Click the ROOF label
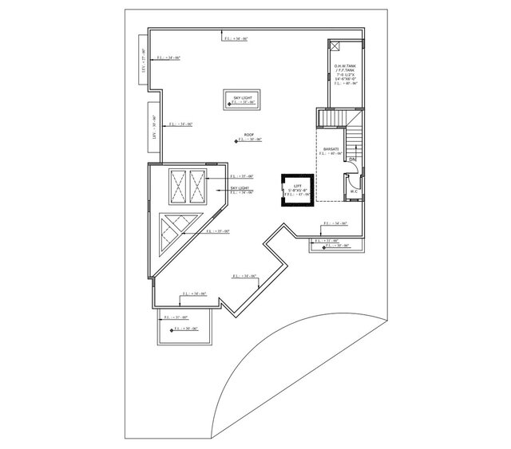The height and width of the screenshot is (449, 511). click(248, 135)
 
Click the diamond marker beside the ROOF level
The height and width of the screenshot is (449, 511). click(237, 140)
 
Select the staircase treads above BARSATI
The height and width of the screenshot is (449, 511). click(333, 118)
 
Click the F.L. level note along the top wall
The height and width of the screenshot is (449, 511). click(235, 37)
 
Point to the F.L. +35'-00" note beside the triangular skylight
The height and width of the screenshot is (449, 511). click(217, 230)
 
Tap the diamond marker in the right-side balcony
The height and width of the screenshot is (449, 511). click(323, 246)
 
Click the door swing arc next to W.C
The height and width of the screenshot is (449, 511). click(350, 170)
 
